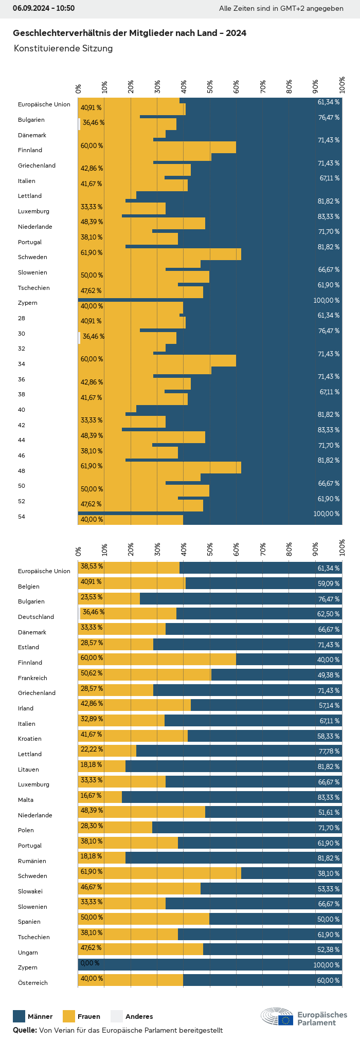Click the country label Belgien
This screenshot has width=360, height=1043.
click(29, 587)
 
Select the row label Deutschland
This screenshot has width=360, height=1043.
click(36, 617)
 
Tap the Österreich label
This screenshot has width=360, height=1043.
click(33, 983)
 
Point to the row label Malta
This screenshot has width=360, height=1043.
click(26, 800)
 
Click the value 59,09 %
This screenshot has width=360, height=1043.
click(329, 584)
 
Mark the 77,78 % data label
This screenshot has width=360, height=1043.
click(329, 752)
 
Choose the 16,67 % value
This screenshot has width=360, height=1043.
click(91, 795)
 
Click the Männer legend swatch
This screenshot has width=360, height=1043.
click(19, 1016)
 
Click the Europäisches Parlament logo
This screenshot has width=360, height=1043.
click(303, 1017)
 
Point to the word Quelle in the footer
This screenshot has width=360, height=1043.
click(24, 1030)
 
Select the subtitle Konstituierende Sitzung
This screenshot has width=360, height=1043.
click(63, 48)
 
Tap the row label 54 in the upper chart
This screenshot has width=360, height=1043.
click(22, 517)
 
